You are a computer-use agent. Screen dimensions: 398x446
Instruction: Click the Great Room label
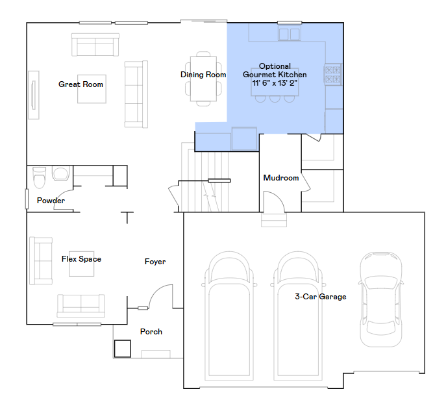tap(81, 84)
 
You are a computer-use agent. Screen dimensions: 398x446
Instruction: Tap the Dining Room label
tap(203, 75)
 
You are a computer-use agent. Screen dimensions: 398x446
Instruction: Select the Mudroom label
tap(280, 178)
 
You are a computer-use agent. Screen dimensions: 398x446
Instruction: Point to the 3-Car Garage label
tap(320, 297)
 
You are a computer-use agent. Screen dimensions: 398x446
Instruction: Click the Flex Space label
tap(81, 259)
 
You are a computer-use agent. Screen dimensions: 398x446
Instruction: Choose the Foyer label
tap(155, 262)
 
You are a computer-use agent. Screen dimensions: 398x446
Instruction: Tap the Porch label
tap(151, 332)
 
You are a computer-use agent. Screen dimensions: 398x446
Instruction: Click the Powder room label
tap(51, 201)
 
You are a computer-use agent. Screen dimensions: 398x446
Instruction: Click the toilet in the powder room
tap(39, 176)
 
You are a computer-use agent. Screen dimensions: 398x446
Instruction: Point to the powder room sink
tap(60, 174)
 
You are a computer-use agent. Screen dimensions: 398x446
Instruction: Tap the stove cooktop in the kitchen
tap(333, 75)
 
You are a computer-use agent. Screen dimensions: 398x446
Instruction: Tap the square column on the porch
tap(122, 349)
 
